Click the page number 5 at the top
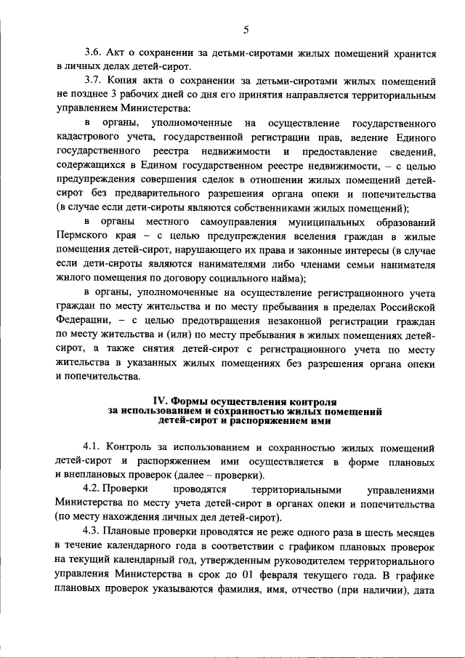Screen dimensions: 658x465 (x=246, y=29)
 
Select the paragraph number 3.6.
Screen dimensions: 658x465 (x=94, y=53)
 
